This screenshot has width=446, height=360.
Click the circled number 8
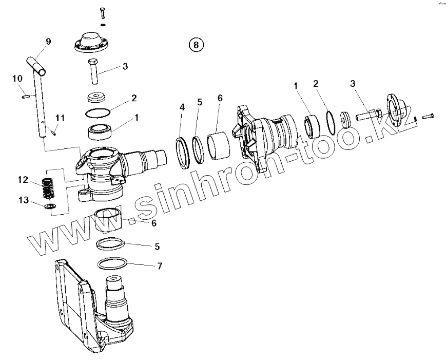click(196, 45)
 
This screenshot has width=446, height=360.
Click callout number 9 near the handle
click(48, 42)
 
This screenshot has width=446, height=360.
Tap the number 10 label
click(17, 79)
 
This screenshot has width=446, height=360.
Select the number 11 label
click(60, 118)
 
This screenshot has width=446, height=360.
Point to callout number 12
click(23, 180)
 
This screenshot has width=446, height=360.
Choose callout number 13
click(23, 200)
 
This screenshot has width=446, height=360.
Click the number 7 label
click(160, 266)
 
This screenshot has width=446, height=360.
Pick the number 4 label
click(182, 107)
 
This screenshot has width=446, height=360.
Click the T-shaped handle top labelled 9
click(38, 65)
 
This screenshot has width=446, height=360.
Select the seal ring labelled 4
click(184, 151)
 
